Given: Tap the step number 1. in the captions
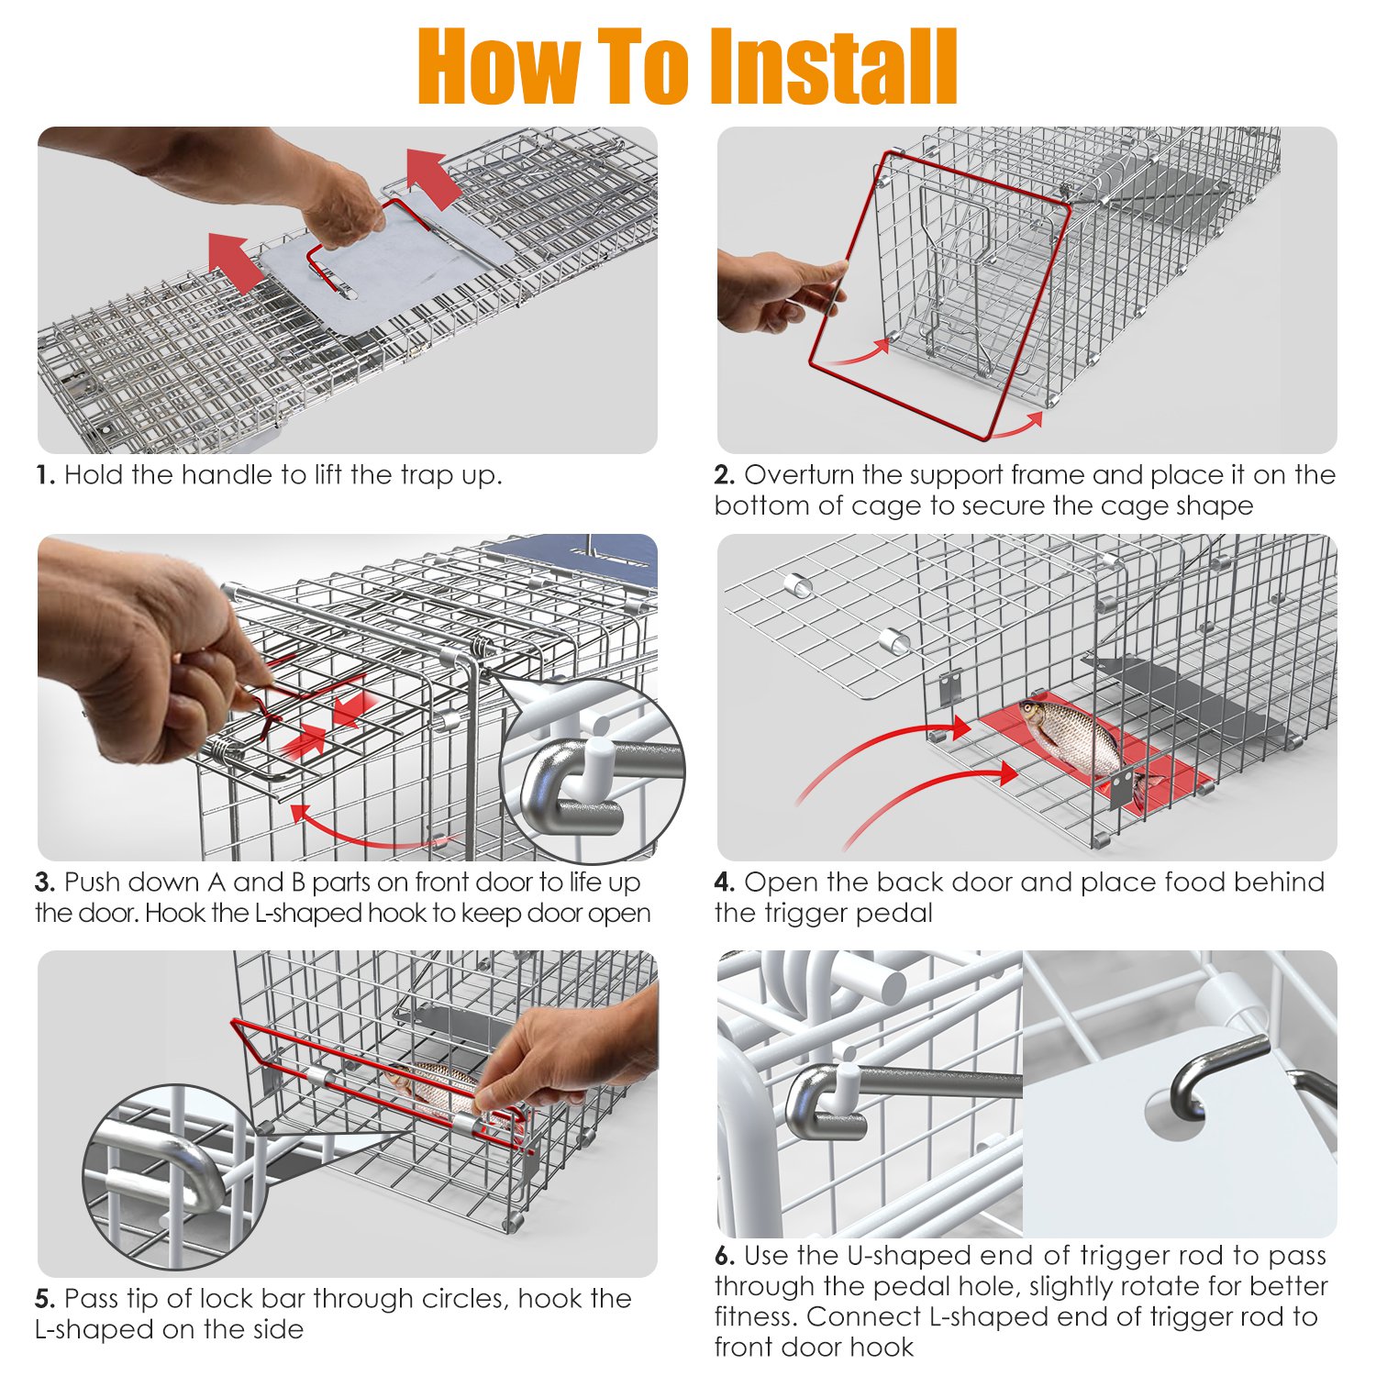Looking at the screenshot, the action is pos(46,475).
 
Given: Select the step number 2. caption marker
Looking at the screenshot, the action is pos(725,475).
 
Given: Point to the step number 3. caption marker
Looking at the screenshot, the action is pos(46,882).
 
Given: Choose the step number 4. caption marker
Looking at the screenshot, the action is pos(726,882).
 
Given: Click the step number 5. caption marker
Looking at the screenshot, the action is pos(46,1299).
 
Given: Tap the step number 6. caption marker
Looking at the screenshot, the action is pos(726,1256).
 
